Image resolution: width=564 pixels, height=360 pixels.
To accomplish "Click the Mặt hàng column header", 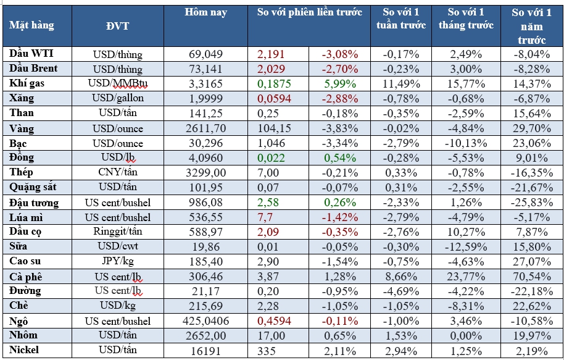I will (x=31, y=25).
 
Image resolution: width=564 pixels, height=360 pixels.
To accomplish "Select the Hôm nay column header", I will (x=205, y=12).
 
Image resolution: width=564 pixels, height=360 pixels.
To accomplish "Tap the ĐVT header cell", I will (x=117, y=25).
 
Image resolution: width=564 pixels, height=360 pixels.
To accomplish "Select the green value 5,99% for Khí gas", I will (x=339, y=84).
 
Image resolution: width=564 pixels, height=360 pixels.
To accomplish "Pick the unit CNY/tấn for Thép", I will (x=117, y=173).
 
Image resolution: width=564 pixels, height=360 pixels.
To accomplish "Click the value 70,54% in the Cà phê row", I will (x=531, y=276).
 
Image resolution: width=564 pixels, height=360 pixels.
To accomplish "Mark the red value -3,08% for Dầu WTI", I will (x=339, y=54).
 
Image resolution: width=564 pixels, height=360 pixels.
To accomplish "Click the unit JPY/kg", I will (x=117, y=262).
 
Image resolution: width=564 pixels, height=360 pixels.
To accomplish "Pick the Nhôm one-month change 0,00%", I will (x=470, y=336).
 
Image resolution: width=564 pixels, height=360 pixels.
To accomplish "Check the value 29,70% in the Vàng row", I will (x=531, y=128).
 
